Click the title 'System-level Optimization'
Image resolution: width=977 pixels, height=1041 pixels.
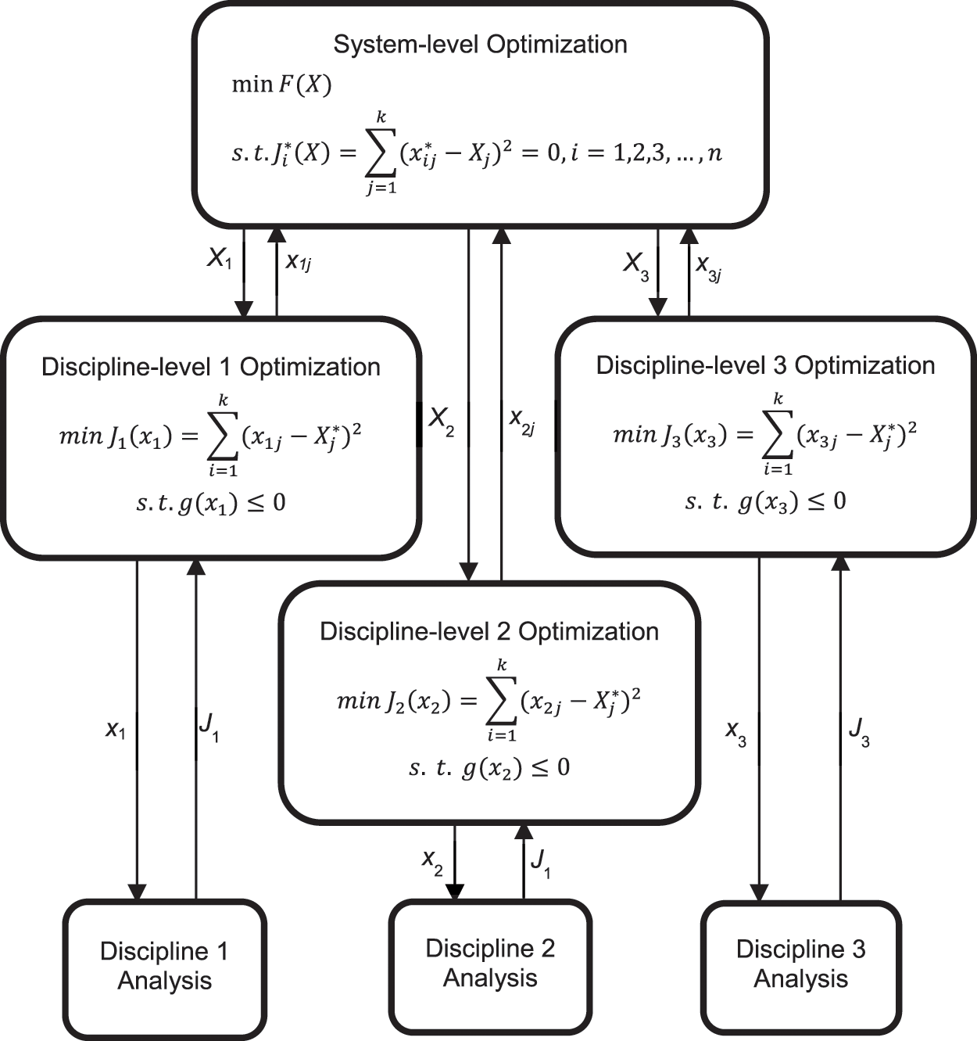coord(480,45)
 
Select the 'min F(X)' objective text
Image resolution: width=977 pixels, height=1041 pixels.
coord(281,84)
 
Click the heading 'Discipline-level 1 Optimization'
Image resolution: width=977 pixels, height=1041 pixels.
coord(210,367)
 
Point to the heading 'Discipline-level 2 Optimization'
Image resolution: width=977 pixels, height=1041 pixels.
coord(489,631)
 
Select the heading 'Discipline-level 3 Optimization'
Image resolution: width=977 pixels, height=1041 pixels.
coord(765,365)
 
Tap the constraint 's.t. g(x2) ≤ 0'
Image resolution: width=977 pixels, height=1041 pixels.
coord(489,768)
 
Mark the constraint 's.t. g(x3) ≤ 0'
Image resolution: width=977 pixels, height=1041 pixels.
coord(765,501)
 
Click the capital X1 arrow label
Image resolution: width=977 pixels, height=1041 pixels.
coord(220,259)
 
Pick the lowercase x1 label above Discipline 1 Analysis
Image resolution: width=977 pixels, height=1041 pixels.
coord(116,730)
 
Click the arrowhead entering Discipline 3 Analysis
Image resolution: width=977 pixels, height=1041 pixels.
coord(759,892)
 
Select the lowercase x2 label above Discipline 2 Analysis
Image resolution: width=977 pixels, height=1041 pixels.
coord(432,860)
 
